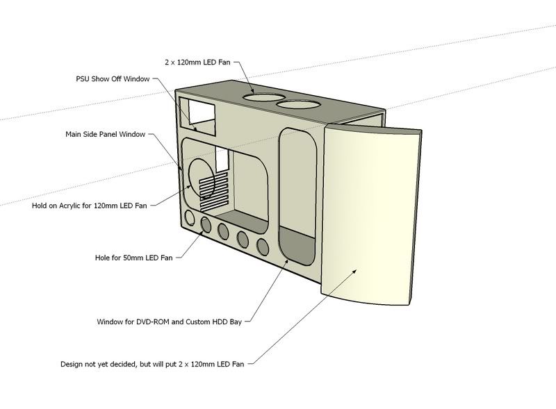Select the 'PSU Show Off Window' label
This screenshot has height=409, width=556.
(113, 79)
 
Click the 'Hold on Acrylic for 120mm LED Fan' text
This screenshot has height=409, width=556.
(90, 206)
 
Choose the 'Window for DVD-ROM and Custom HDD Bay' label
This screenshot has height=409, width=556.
(172, 322)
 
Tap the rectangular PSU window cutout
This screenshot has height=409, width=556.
(197, 113)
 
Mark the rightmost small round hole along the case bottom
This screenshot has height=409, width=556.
(262, 247)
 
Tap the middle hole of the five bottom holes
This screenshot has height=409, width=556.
(224, 231)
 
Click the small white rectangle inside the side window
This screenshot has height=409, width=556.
(222, 161)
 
